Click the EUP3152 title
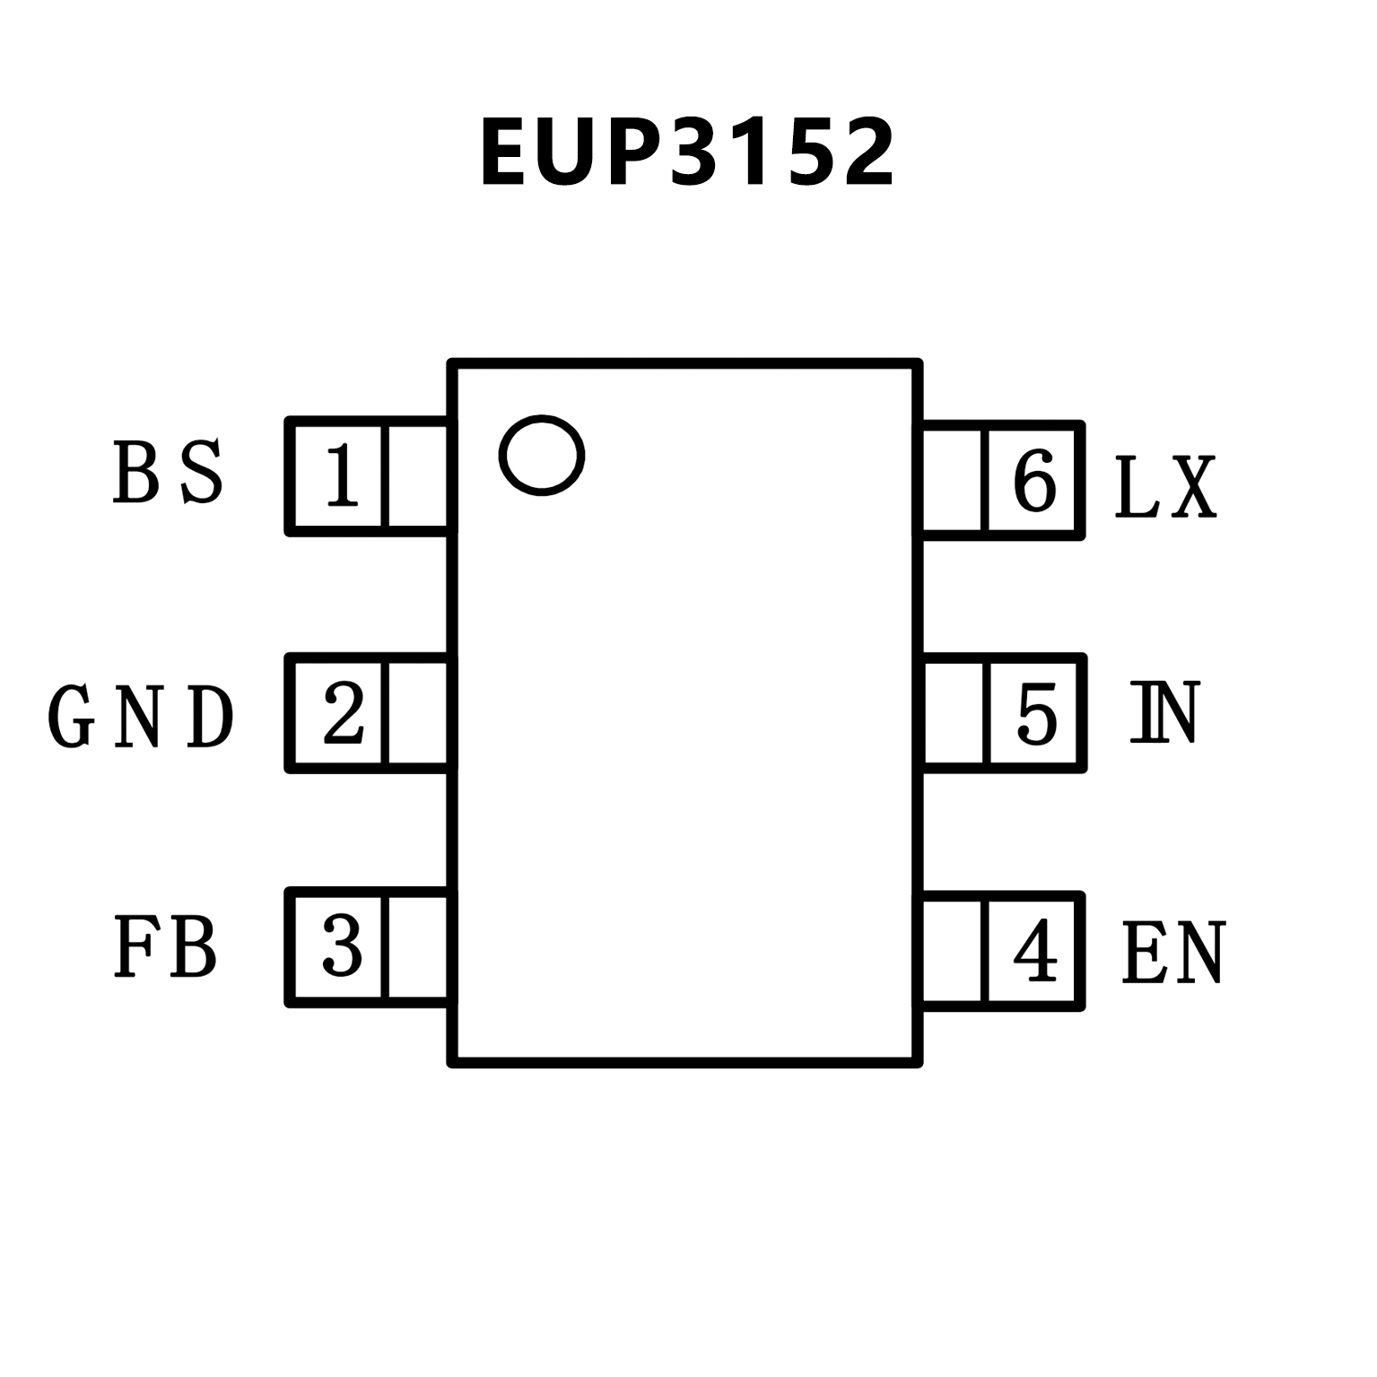click(x=687, y=153)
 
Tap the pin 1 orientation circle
click(x=542, y=455)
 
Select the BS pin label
click(x=168, y=472)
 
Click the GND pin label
click(x=141, y=717)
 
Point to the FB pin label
click(x=166, y=946)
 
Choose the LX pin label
click(x=1165, y=487)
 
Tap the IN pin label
click(x=1163, y=713)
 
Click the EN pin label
click(x=1172, y=954)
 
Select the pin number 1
click(x=341, y=475)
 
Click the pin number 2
click(x=343, y=713)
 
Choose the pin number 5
click(x=1037, y=714)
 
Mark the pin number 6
click(x=1034, y=482)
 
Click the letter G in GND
click(x=71, y=717)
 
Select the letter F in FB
click(x=134, y=946)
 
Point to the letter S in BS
click(x=201, y=472)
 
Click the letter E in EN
click(x=1143, y=954)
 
